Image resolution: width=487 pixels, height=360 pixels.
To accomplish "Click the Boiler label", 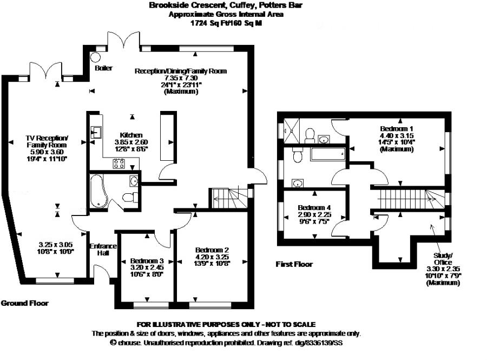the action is click(x=103, y=68).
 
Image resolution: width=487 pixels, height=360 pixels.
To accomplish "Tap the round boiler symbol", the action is click(x=96, y=57).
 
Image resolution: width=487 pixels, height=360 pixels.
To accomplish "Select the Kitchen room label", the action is click(x=131, y=135).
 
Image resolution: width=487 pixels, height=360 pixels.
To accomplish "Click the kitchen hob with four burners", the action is click(x=119, y=163).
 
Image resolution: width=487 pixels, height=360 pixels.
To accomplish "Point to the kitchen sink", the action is click(x=96, y=132).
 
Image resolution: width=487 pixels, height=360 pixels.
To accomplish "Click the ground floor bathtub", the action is click(x=98, y=191).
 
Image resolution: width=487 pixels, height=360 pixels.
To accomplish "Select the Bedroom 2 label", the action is click(x=212, y=250).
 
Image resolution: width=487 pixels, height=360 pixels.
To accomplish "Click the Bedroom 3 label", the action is click(x=147, y=260).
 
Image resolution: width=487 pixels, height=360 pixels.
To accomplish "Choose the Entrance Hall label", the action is click(x=103, y=250).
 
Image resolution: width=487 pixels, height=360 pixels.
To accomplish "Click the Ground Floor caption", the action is click(x=24, y=303).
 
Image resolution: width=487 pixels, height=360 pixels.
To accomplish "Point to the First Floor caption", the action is click(x=294, y=264).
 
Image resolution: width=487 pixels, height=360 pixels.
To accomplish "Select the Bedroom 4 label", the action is click(x=314, y=207).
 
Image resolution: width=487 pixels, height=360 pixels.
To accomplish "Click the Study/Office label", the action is click(x=443, y=259).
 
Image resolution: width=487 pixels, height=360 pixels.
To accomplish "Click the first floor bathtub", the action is click(x=328, y=154).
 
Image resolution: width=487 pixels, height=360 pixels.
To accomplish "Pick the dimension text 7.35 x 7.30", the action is click(x=181, y=78).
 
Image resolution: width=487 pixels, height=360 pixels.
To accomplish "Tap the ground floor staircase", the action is click(x=230, y=199).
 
